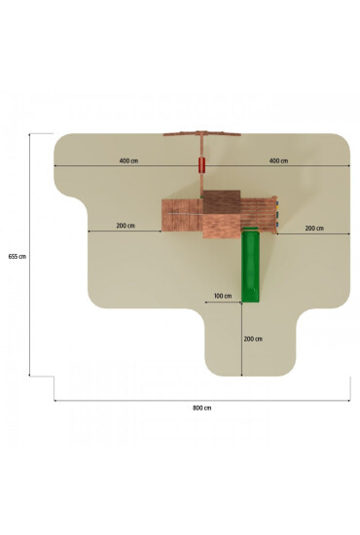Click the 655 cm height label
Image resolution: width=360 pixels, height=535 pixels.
(18, 257)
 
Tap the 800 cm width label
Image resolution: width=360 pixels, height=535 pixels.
(202, 408)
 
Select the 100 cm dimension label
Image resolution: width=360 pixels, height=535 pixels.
(223, 296)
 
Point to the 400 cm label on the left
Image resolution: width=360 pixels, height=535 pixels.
(129, 160)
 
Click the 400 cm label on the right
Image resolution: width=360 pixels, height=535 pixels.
(279, 160)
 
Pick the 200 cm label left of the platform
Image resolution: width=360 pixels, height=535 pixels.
(126, 226)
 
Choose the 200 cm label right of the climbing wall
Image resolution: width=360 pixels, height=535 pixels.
(314, 229)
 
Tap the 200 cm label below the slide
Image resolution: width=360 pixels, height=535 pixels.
(253, 339)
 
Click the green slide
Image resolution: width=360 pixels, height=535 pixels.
(250, 265)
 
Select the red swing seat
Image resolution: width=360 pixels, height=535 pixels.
(202, 164)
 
